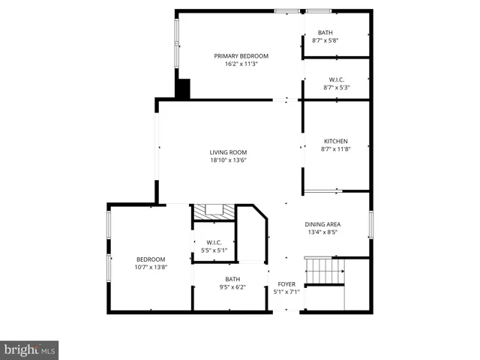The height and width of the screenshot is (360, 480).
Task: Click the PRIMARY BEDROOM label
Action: coord(241,56)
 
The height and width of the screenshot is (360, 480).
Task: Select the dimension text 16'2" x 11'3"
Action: coord(241,64)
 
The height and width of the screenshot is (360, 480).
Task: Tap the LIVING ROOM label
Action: coord(228,152)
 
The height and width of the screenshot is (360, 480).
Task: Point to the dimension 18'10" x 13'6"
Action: coord(228,160)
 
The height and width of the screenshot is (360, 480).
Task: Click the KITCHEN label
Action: coord(335,141)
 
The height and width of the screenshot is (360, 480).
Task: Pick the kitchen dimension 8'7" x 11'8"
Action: coord(335,149)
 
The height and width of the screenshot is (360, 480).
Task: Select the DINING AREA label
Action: coord(322,224)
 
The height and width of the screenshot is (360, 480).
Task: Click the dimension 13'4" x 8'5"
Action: coord(322,232)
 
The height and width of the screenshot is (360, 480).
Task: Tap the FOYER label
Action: coord(286,283)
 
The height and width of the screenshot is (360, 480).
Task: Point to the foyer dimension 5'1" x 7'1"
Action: coord(286,292)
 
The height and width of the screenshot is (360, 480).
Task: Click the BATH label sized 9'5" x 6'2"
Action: coord(232,279)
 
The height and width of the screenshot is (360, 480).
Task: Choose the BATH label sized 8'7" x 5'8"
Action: coord(325,32)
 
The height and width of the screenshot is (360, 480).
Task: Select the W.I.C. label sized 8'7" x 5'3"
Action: coord(336,79)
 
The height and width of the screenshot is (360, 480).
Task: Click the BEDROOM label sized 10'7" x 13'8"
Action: coord(150,259)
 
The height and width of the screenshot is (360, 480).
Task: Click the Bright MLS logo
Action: coord(29,350)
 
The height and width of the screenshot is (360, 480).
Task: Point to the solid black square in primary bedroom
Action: coord(183,88)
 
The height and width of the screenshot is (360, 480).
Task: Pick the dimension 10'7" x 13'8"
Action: coord(150,267)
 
